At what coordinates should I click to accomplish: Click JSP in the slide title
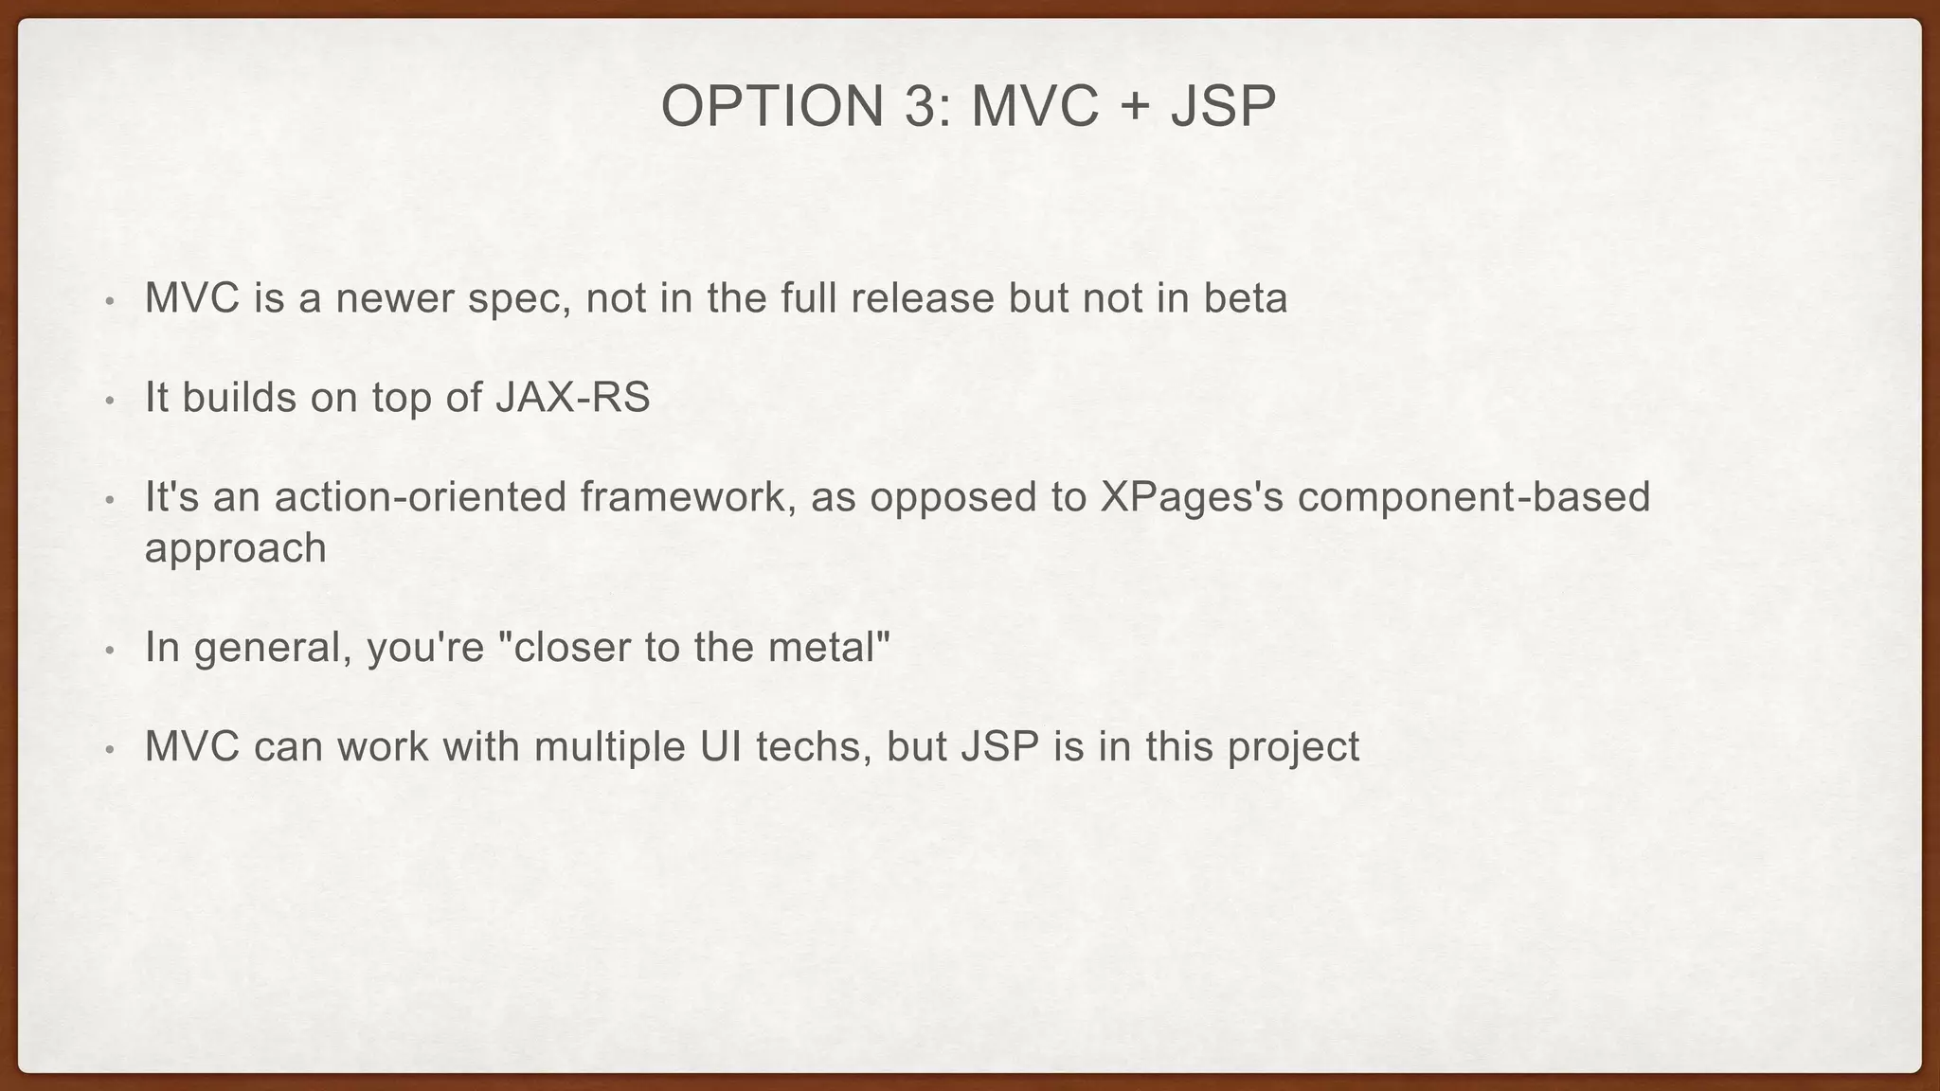coord(1223,106)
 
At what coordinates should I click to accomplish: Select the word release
coord(922,299)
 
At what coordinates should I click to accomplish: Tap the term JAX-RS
coord(573,398)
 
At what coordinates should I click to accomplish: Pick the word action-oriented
coord(422,497)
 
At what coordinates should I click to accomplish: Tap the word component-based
coord(1474,497)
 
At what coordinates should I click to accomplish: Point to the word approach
coord(235,549)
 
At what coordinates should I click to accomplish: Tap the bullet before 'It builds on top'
coord(110,401)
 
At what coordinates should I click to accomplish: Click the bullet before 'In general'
coord(110,651)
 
